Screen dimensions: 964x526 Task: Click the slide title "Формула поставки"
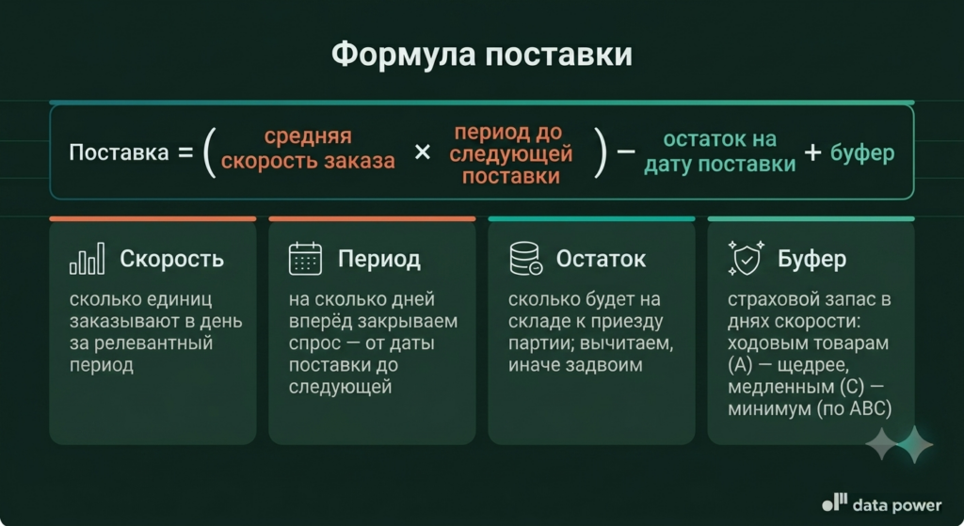(x=481, y=54)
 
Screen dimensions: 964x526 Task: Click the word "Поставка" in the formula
(x=119, y=152)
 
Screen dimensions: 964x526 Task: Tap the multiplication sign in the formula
(x=423, y=151)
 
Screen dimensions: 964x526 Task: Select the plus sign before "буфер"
(x=812, y=151)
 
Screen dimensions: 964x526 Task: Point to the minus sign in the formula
(x=626, y=151)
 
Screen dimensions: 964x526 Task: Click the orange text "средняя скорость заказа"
(x=308, y=148)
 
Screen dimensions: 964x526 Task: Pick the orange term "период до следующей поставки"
(x=511, y=153)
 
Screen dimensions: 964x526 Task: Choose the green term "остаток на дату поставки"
(x=720, y=151)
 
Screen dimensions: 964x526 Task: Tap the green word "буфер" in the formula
(x=862, y=152)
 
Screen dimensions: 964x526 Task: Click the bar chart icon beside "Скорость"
(x=87, y=258)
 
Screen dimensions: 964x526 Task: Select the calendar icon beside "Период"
(x=305, y=258)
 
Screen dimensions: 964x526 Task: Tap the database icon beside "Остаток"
(x=525, y=258)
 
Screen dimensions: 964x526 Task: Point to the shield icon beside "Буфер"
(x=746, y=258)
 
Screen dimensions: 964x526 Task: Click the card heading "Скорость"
(x=171, y=259)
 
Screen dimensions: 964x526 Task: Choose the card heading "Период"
(x=379, y=260)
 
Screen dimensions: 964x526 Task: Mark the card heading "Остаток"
(x=601, y=259)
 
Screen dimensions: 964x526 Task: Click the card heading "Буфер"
(x=811, y=260)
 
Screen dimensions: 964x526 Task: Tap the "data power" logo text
(x=897, y=505)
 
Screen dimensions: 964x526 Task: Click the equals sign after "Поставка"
(x=185, y=152)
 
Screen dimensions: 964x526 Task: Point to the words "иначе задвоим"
(x=575, y=365)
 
